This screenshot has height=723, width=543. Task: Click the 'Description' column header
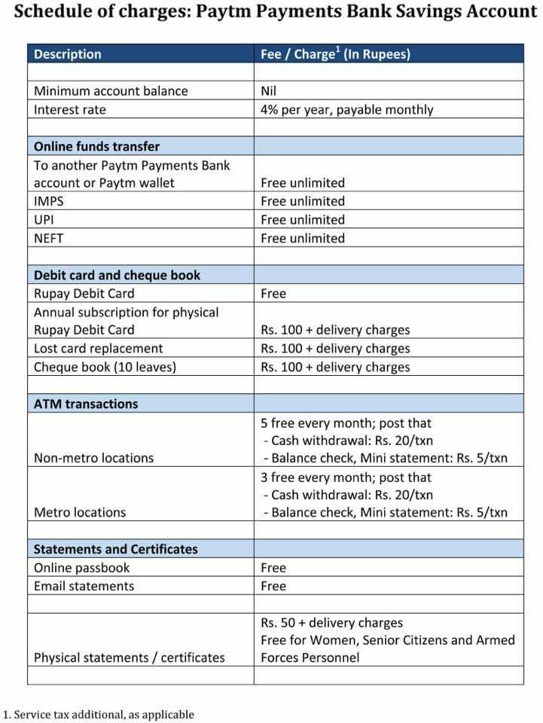click(x=67, y=54)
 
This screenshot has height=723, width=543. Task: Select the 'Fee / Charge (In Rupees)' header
click(x=335, y=54)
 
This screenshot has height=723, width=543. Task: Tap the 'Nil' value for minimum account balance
click(x=268, y=91)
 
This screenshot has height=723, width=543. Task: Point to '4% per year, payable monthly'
click(x=346, y=110)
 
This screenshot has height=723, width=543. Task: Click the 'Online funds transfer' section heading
click(x=96, y=146)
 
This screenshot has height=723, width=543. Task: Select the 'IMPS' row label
click(x=48, y=201)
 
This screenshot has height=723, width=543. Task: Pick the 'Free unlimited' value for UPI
click(x=302, y=220)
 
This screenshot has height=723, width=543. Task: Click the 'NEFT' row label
click(x=49, y=238)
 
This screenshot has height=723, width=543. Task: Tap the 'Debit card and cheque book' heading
click(x=117, y=275)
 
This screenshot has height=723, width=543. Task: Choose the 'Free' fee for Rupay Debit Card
click(x=273, y=294)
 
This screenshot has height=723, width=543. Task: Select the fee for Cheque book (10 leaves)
click(x=335, y=368)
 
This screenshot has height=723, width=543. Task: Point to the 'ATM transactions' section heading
click(x=85, y=404)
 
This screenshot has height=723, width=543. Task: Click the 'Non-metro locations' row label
click(x=93, y=458)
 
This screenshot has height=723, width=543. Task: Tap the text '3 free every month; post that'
click(x=346, y=477)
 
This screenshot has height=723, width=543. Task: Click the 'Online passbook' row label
click(x=81, y=568)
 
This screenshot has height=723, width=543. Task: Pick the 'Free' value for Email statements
click(x=273, y=586)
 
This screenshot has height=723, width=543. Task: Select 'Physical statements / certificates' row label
click(x=129, y=657)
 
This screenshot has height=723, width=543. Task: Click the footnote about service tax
click(x=99, y=714)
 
